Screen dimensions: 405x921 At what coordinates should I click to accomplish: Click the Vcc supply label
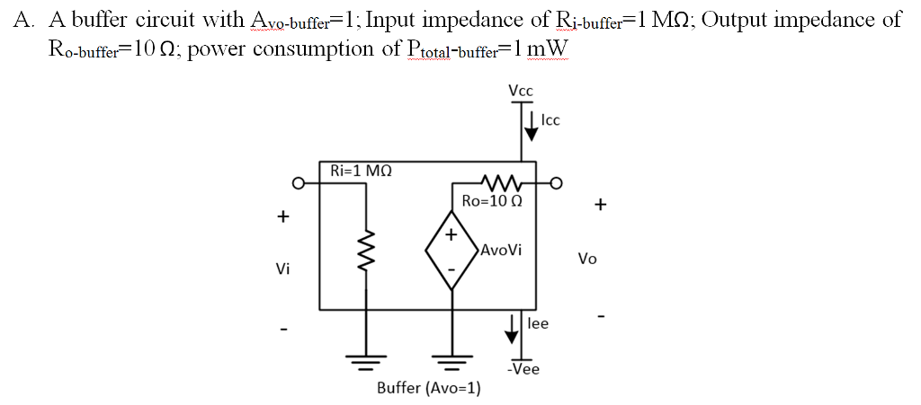point(520,91)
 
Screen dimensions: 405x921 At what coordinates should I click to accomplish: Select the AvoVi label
point(501,250)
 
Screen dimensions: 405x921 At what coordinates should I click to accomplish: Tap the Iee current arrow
point(512,328)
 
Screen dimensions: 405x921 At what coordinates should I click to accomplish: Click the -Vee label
point(523,369)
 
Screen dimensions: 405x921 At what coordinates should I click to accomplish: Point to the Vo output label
point(587,259)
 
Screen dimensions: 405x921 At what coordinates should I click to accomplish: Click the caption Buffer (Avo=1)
point(428,388)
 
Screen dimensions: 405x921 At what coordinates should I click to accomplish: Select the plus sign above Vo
point(600,206)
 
